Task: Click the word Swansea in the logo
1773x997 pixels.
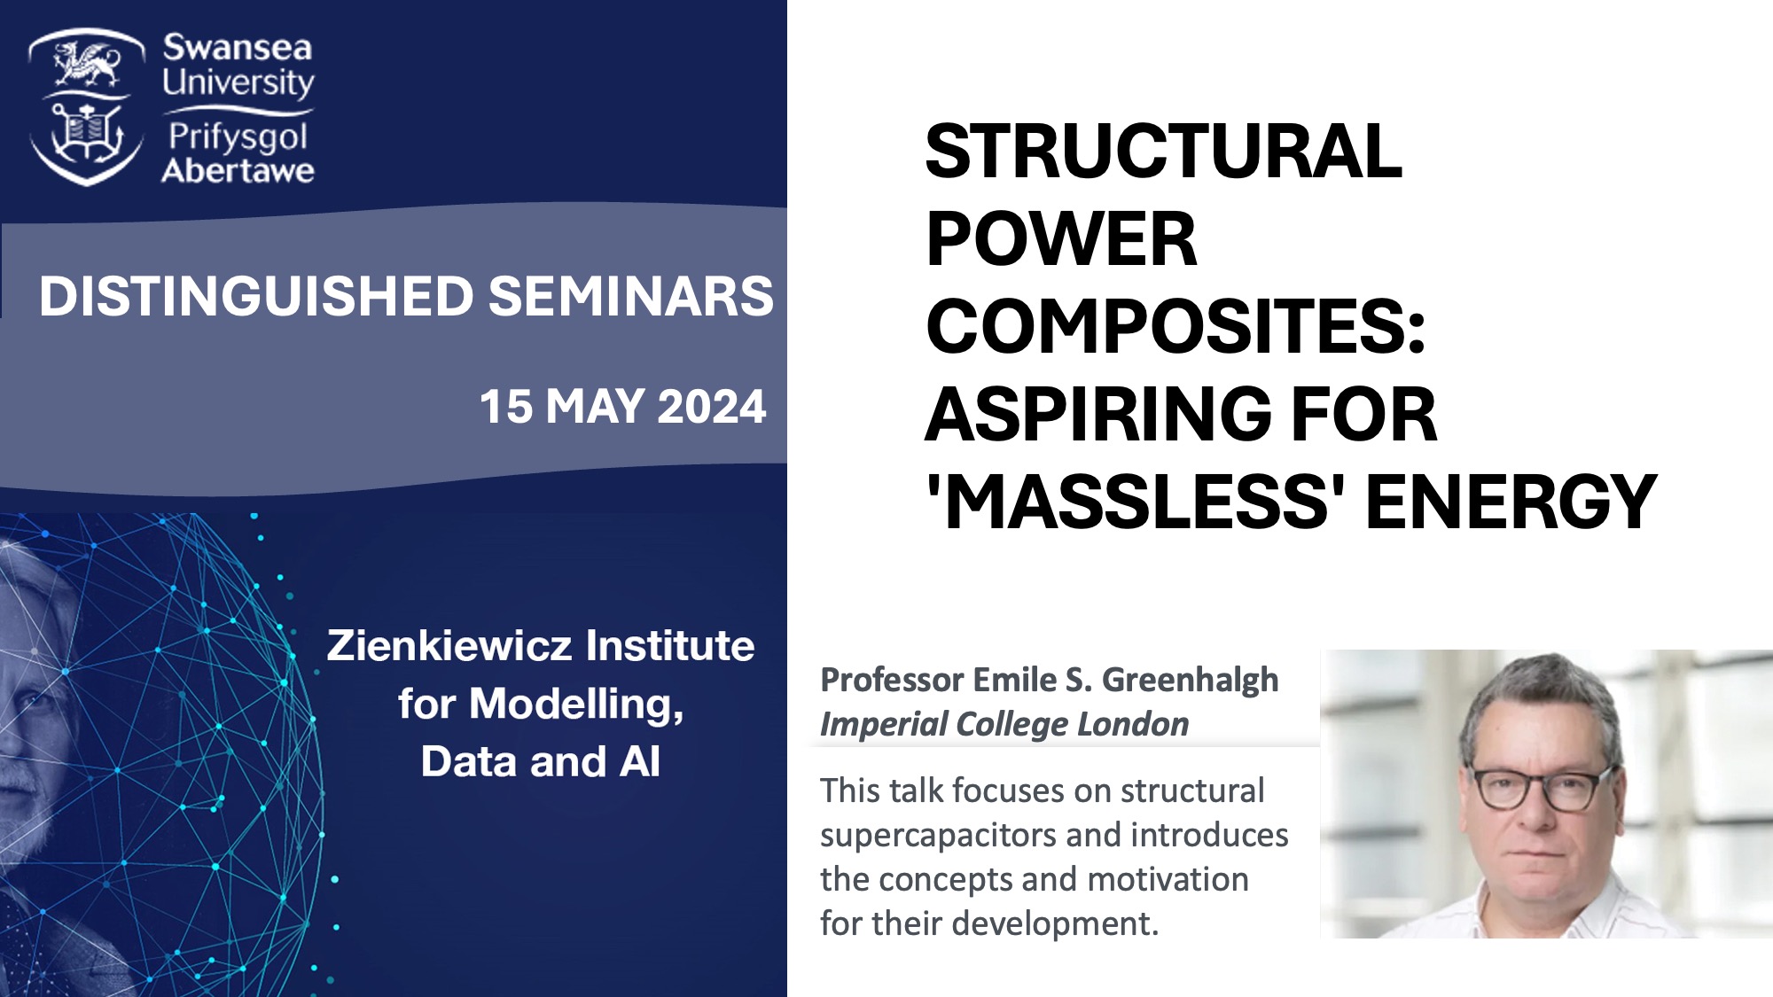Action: (x=238, y=48)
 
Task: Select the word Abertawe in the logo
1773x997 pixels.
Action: (x=238, y=170)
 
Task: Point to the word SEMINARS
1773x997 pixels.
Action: (x=631, y=296)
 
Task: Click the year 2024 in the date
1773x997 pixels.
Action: (x=712, y=407)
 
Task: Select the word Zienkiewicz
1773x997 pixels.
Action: (x=452, y=645)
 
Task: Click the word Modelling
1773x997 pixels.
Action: (x=576, y=705)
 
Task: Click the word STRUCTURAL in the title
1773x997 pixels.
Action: (x=1163, y=152)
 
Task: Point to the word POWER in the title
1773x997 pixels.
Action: (x=1061, y=239)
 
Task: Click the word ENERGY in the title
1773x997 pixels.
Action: (x=1511, y=502)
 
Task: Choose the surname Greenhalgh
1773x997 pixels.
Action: (x=1191, y=681)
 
